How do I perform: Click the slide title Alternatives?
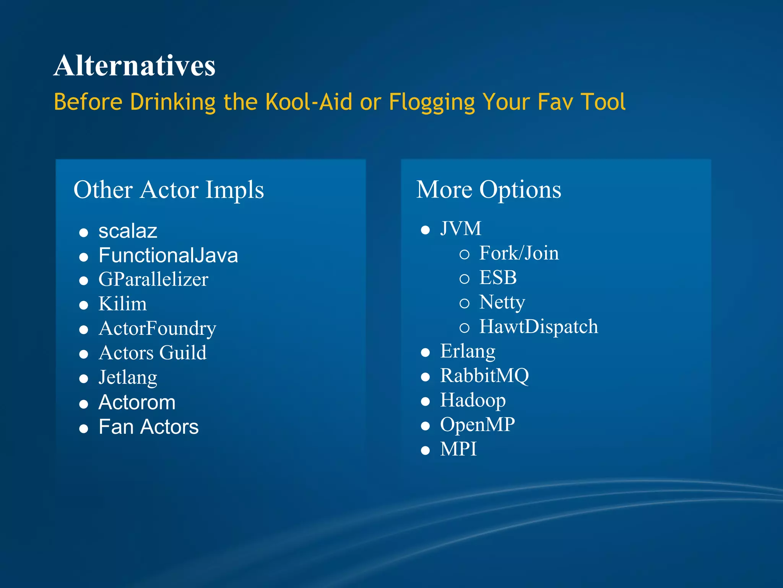coord(134,66)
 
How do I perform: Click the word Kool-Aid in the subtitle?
coord(309,102)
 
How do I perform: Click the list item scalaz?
coord(128,231)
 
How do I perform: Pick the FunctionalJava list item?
coord(168,255)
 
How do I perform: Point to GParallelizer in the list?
coord(153,279)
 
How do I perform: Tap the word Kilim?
coord(122,304)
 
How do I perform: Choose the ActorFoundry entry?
coord(157,328)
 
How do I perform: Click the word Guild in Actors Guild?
coord(183,353)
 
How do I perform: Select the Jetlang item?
coord(128,377)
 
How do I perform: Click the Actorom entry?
coord(137,402)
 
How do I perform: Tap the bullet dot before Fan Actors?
coord(84,428)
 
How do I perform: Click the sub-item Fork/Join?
coord(519,253)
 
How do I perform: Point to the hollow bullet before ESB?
coord(464,279)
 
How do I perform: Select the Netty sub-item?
coord(502,302)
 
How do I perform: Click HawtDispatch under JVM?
coord(538,327)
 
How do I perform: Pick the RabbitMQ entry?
coord(484,376)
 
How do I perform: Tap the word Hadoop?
coord(473,400)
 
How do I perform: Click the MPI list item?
coord(458,449)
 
